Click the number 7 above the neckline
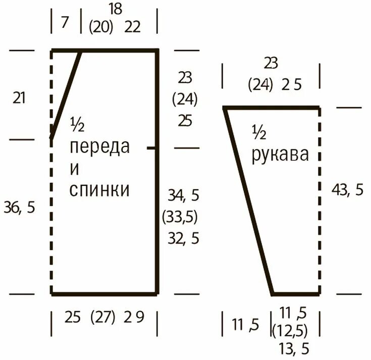(x=65, y=23)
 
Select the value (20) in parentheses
(x=101, y=27)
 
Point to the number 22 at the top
(x=132, y=27)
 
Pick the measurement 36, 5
(x=20, y=207)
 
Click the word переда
(x=99, y=147)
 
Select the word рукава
(x=280, y=154)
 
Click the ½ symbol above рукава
(x=259, y=133)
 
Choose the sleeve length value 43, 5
(x=347, y=190)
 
